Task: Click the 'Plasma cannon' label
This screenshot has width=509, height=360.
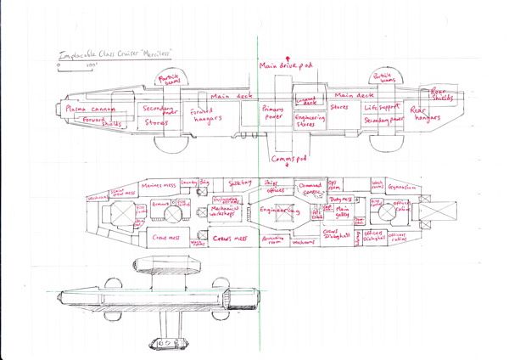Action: pos(89,109)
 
